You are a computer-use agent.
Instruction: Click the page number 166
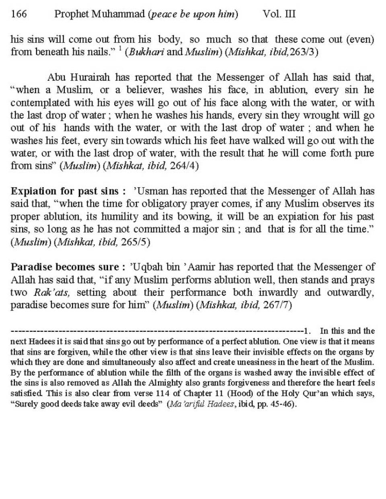coord(18,14)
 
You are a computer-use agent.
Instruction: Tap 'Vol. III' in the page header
coord(279,14)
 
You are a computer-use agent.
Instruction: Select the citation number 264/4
coord(185,166)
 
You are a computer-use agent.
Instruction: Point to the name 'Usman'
coord(147,191)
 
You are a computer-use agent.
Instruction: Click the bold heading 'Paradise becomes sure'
coord(65,267)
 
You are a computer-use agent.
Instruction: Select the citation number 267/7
coord(277,305)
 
